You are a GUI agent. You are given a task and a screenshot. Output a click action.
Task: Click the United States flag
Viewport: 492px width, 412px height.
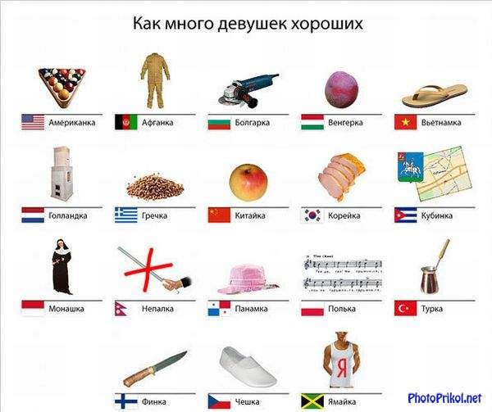coord(33,122)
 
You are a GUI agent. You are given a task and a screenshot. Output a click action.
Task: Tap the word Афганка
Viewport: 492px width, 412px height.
coord(157,122)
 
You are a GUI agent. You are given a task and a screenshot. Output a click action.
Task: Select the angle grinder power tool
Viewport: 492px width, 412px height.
coord(248,90)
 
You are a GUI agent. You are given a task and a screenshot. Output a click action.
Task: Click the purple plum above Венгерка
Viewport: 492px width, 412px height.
coord(341,89)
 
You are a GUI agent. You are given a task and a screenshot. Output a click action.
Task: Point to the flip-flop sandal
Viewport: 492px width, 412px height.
coord(435,95)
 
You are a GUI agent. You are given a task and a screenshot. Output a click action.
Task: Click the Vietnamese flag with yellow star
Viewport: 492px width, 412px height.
coord(405,122)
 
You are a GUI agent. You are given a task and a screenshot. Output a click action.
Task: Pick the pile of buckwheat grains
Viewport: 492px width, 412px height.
coord(155,188)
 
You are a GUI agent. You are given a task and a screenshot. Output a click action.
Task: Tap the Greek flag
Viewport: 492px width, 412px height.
coord(126,215)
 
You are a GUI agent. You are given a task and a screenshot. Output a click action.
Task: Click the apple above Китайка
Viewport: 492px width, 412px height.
coord(248,183)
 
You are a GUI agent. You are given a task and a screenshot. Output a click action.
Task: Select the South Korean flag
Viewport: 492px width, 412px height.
coord(312,215)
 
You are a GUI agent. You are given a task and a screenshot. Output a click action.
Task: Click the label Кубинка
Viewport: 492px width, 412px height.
coord(437,215)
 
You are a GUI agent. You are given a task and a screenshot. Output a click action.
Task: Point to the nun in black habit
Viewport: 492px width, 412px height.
coord(62,267)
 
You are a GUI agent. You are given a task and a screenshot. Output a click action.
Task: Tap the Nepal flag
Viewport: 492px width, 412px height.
coord(121,309)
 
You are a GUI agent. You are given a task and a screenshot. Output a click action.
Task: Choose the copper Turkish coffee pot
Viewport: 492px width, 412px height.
coord(434,267)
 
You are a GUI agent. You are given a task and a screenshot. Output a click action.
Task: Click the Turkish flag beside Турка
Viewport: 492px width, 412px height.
coord(405,308)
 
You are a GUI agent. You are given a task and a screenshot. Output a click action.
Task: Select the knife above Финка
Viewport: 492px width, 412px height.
coord(155,369)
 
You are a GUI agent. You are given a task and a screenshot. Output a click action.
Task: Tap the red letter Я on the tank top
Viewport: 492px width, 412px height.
coord(342,368)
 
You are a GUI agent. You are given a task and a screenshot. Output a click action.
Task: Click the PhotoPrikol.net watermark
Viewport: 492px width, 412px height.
coord(444,398)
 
